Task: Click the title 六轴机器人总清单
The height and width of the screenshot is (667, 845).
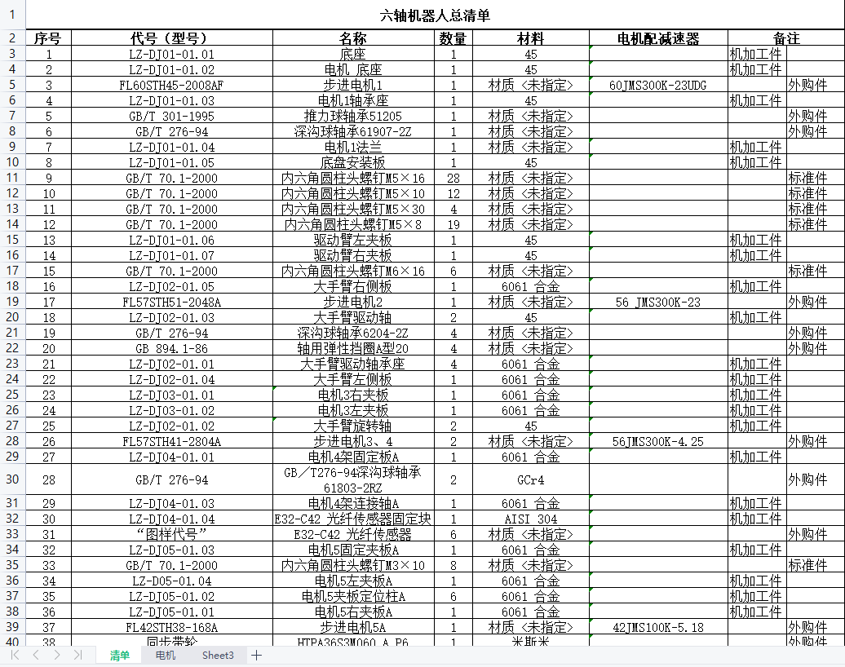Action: tap(436, 15)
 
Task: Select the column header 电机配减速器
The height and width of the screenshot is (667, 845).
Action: tap(657, 38)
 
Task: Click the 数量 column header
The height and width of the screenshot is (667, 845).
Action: tap(453, 38)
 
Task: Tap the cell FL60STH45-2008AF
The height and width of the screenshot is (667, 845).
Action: tap(171, 86)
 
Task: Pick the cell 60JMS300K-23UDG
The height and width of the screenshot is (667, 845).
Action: tap(657, 86)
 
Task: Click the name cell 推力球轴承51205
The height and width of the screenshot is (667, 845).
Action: tap(353, 117)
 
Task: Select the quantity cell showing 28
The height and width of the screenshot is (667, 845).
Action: tap(453, 179)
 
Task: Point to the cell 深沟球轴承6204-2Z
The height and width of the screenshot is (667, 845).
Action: tap(353, 333)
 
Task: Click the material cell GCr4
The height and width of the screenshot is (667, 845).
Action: tap(531, 480)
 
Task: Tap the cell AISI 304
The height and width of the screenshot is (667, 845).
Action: tap(531, 519)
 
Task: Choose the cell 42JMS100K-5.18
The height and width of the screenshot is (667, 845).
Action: tap(657, 628)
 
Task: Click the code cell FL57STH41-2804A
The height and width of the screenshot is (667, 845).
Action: tap(171, 442)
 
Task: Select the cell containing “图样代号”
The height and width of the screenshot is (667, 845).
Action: tap(171, 535)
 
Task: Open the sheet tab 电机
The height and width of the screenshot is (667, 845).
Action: tap(166, 656)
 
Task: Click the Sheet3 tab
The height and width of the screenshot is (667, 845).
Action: tap(218, 656)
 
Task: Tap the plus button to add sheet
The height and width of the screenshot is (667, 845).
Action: tap(256, 656)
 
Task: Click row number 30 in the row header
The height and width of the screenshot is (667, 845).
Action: tap(12, 480)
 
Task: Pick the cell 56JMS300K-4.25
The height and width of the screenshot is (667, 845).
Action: tap(657, 442)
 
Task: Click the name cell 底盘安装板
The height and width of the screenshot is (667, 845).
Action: tap(353, 163)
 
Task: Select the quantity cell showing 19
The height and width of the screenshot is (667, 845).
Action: tap(453, 225)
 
